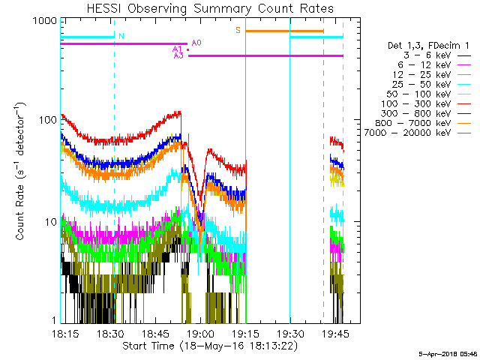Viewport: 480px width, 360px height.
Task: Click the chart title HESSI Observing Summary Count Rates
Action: tap(209, 8)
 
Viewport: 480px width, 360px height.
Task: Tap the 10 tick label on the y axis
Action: tap(48, 222)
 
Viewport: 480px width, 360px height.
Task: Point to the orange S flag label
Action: tap(238, 30)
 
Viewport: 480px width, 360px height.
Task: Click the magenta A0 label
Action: tap(196, 43)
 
